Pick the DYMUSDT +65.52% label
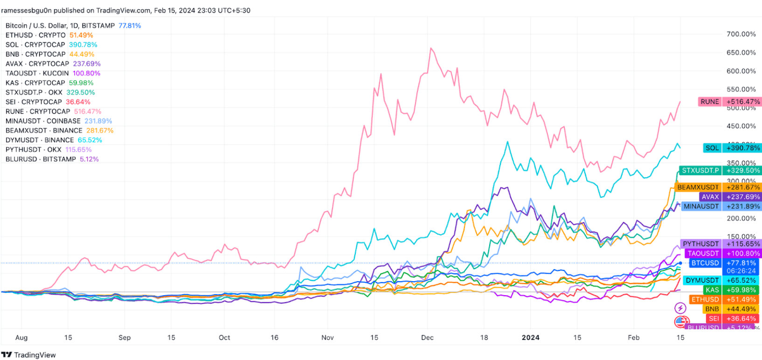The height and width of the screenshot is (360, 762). (722, 280)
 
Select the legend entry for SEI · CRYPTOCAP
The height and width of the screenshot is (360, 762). (34, 102)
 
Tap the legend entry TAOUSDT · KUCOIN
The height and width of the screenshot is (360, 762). (37, 73)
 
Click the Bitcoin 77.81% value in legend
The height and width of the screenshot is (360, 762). (130, 26)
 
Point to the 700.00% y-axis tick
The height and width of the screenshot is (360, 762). (741, 34)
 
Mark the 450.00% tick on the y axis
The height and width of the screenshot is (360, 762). (741, 126)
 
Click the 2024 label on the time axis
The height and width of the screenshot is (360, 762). (530, 338)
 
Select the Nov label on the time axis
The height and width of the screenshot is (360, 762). (327, 338)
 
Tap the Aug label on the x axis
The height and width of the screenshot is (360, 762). (21, 338)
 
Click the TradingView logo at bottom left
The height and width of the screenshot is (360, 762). (28, 355)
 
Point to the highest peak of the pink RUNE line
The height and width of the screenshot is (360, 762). (431, 48)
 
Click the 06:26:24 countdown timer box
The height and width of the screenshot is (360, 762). (741, 271)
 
